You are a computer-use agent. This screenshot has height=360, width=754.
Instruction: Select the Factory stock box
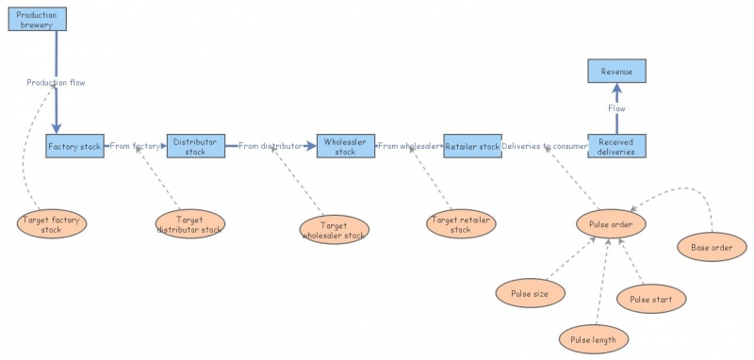click(74, 146)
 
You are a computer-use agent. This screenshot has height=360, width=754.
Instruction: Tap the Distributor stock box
click(195, 146)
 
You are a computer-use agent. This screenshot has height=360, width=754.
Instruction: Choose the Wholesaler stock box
click(346, 146)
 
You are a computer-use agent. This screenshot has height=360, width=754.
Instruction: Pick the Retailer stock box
click(472, 146)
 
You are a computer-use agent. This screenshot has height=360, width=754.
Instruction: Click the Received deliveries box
click(616, 146)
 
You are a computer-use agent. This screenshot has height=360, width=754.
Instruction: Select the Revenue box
click(616, 72)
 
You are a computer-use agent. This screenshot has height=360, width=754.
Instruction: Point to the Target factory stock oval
click(52, 223)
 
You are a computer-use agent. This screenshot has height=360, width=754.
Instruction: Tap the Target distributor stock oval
click(189, 224)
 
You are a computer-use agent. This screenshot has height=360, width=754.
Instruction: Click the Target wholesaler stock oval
click(334, 230)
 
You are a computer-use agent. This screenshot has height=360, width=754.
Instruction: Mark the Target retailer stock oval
click(461, 224)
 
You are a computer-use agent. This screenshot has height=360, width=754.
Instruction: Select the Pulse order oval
click(611, 224)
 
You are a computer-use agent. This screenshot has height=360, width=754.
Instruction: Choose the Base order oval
click(712, 248)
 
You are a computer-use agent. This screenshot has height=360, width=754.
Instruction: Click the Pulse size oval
click(530, 293)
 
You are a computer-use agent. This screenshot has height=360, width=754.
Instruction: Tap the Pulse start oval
click(651, 299)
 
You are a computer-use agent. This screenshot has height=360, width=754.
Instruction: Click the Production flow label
click(56, 83)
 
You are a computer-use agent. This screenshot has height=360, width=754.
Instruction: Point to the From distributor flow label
click(270, 146)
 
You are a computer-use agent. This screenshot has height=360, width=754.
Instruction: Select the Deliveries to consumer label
click(545, 146)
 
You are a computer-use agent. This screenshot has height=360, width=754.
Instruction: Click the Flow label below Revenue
click(616, 108)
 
